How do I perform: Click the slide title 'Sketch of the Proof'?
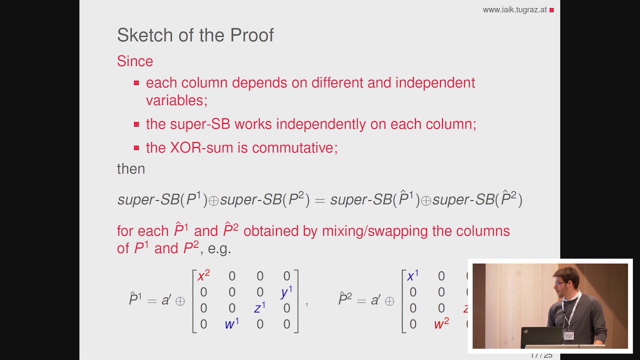click(x=195, y=35)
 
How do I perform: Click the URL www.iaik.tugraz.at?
click(x=514, y=10)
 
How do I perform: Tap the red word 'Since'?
click(x=134, y=61)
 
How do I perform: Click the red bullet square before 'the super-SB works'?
click(x=136, y=124)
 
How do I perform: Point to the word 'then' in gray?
click(x=131, y=169)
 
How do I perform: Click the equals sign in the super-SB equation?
click(x=319, y=200)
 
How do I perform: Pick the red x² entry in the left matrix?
click(x=203, y=276)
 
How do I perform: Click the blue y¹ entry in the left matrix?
click(x=286, y=292)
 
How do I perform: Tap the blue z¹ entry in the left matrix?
click(x=259, y=308)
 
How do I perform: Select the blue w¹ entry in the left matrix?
click(x=231, y=324)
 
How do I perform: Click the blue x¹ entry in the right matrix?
click(x=412, y=276)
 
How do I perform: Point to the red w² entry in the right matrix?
click(x=441, y=324)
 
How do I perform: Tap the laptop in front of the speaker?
click(x=541, y=337)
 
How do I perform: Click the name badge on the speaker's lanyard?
click(x=569, y=335)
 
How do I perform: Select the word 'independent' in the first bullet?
click(x=435, y=83)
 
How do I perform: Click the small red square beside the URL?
click(x=551, y=10)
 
